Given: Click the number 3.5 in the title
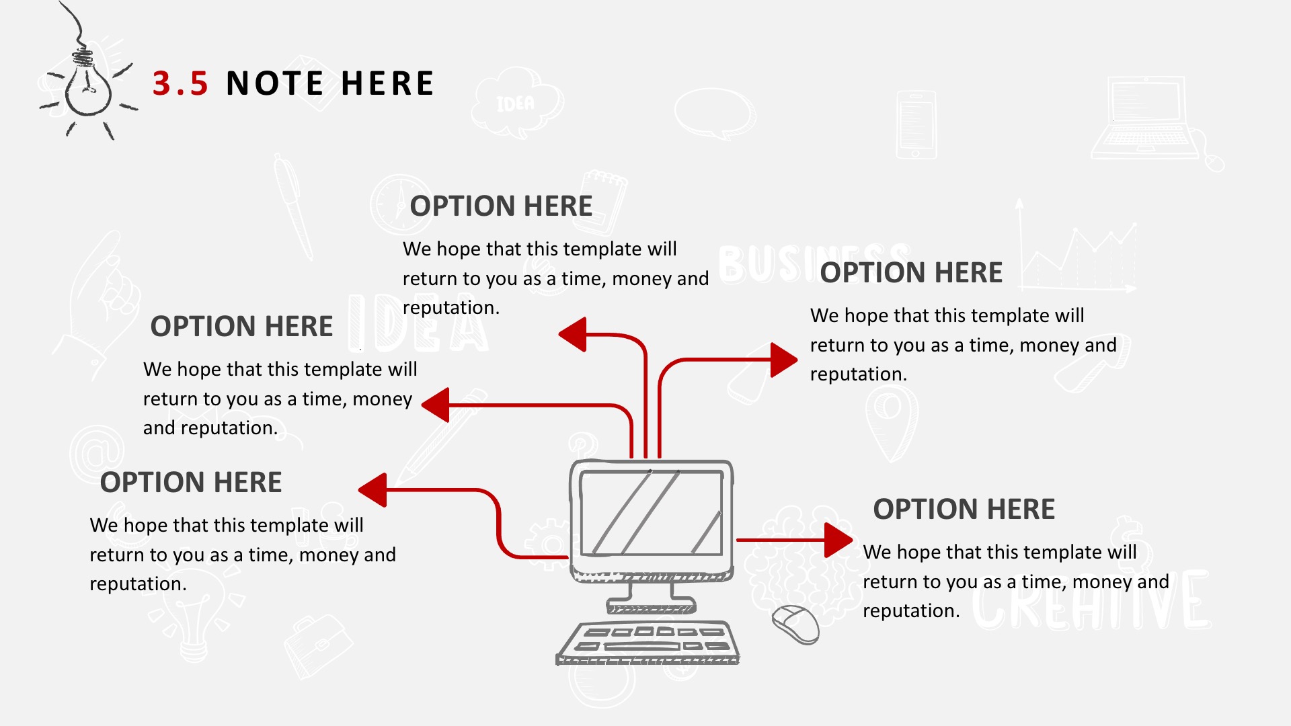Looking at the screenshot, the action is [x=180, y=83].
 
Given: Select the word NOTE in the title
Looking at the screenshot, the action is [x=275, y=83].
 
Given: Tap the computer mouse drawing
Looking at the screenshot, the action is [x=795, y=624].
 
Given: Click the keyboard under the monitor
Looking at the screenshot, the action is [x=648, y=643].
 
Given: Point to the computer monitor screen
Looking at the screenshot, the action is [x=651, y=513].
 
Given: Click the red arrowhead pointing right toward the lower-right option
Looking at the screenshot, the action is [x=838, y=540].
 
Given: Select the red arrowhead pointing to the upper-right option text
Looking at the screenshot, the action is [x=784, y=360].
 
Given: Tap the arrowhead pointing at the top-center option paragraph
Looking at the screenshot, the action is [x=573, y=334].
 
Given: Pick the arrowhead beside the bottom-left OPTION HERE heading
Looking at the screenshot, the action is [x=373, y=489].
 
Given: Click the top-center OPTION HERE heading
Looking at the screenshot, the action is [x=501, y=206].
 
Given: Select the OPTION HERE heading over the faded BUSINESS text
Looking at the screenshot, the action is [x=911, y=272].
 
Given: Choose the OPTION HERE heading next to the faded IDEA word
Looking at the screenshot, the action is [x=241, y=326].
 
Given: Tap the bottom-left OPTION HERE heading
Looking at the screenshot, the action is [x=191, y=482].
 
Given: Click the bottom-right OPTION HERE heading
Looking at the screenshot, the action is [x=964, y=509].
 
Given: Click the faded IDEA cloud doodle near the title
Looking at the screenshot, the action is [x=516, y=102].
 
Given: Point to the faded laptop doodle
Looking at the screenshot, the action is [x=1153, y=121].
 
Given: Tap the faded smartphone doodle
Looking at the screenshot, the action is [x=916, y=125].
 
